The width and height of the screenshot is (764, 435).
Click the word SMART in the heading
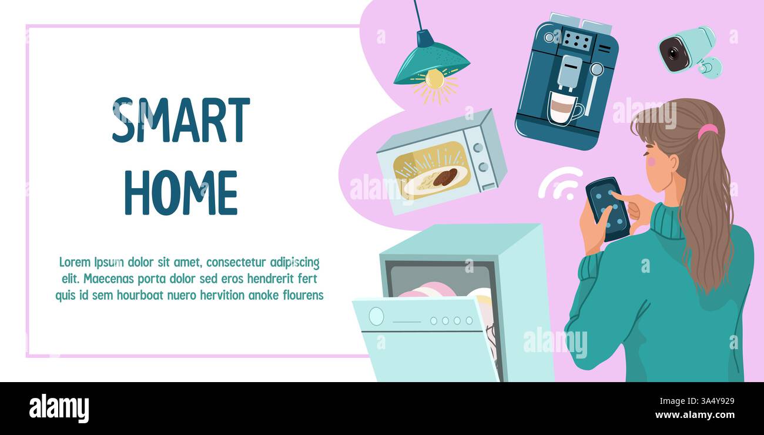click(180, 120)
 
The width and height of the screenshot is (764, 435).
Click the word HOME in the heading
click(180, 192)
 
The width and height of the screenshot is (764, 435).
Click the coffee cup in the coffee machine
click(564, 108)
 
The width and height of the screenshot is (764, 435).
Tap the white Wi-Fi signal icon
click(558, 183)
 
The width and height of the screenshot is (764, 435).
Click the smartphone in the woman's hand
click(608, 209)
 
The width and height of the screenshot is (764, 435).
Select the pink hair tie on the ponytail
click(708, 130)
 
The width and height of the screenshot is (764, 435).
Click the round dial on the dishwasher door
click(376, 316)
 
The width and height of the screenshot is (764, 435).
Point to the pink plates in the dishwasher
click(426, 290)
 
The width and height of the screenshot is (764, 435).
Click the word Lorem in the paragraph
click(74, 262)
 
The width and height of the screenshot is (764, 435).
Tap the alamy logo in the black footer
click(59, 409)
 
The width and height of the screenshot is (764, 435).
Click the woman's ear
click(672, 162)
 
